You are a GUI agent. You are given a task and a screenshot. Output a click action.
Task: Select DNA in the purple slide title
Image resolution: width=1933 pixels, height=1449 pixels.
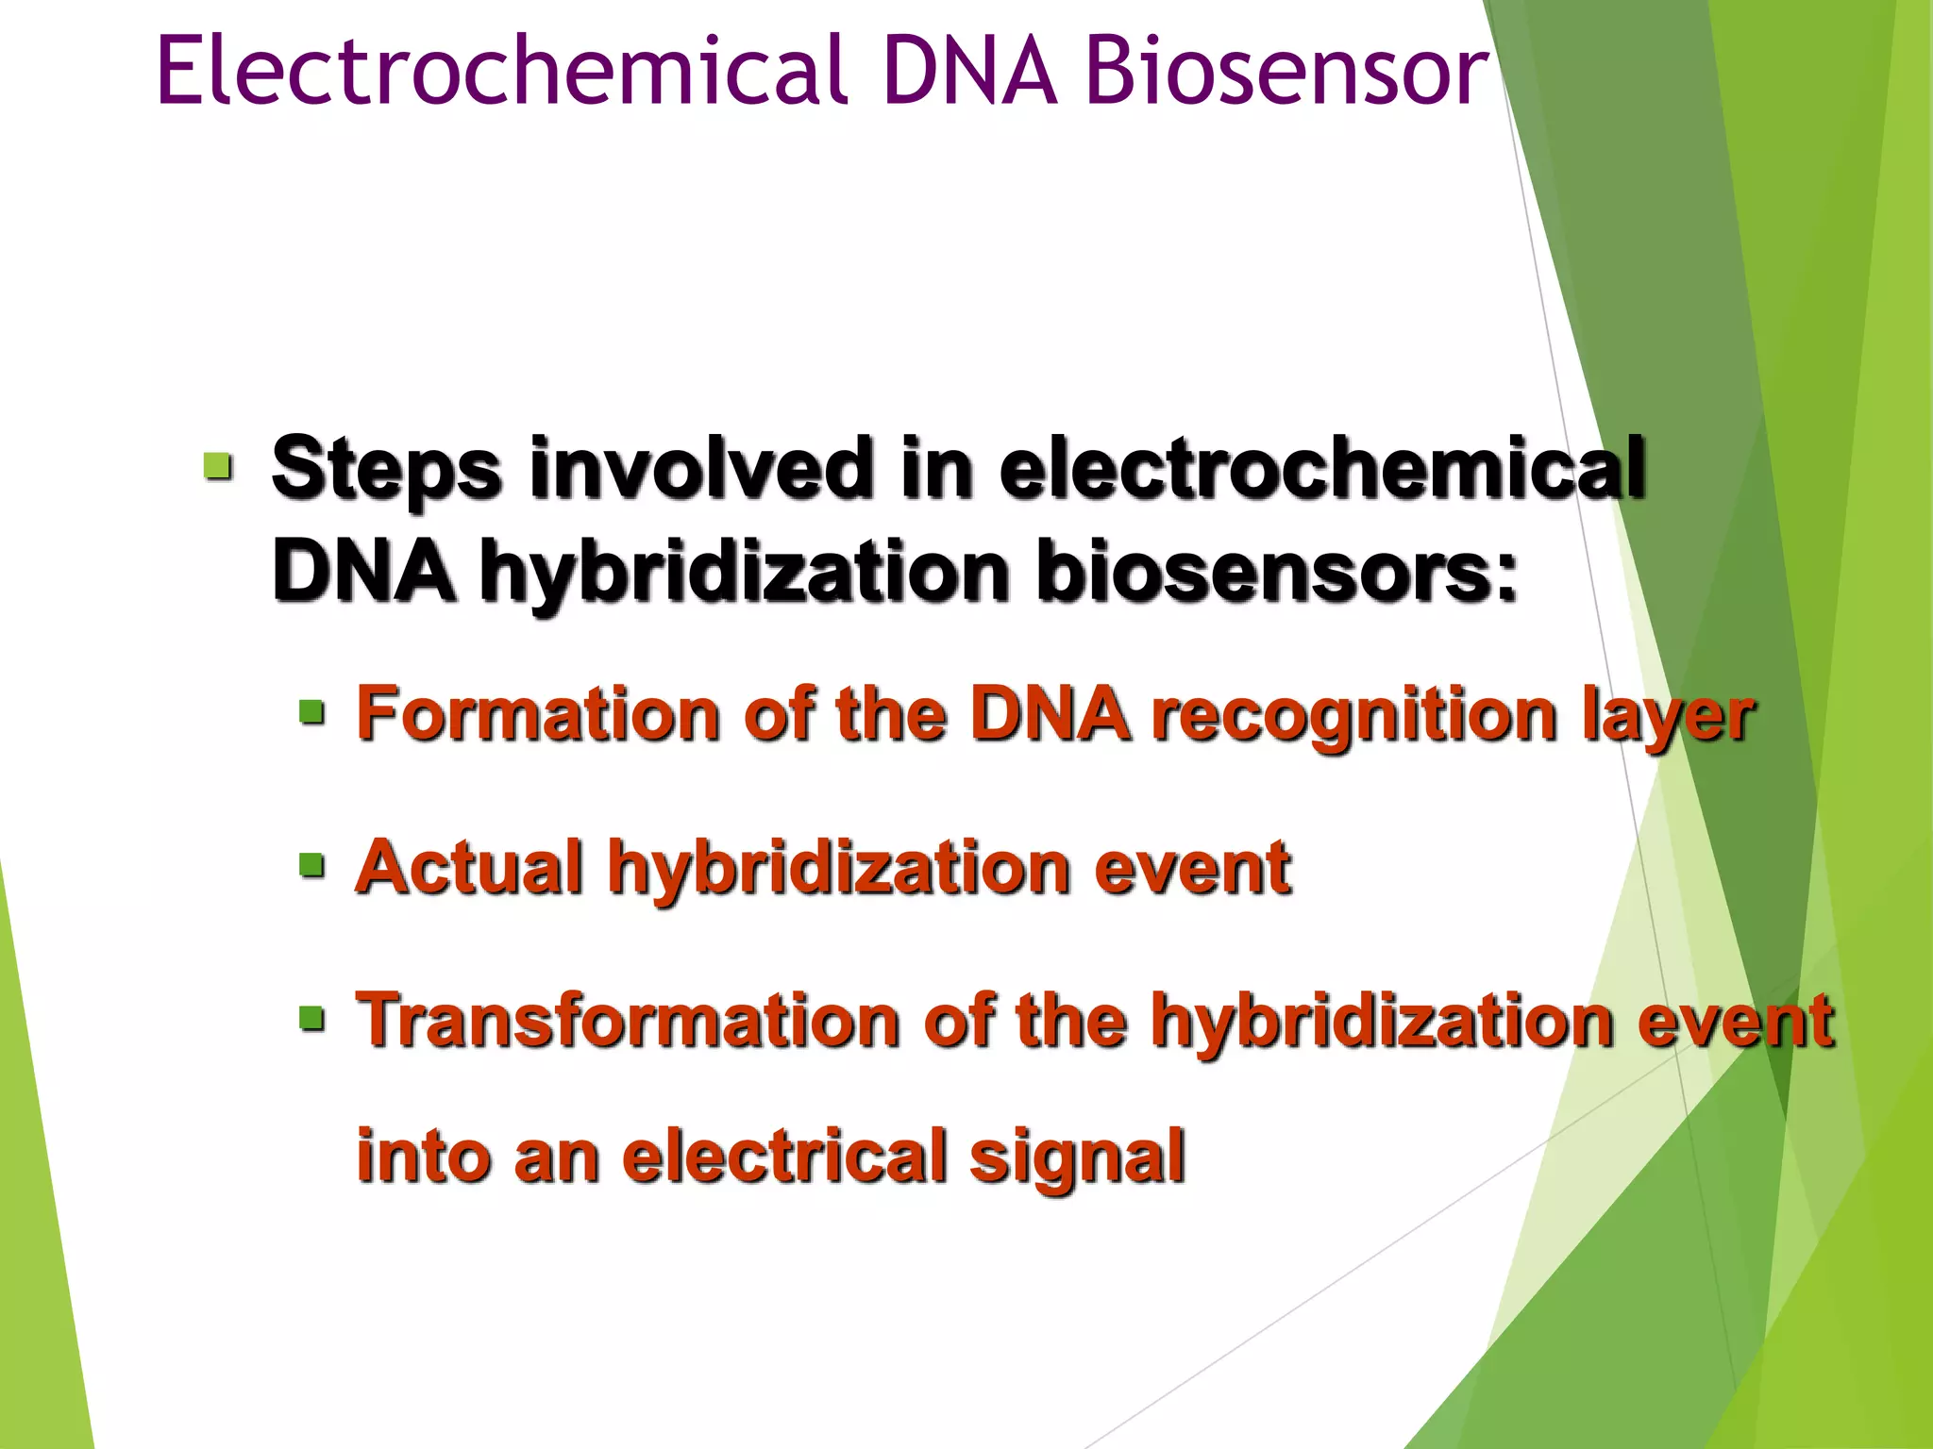972,71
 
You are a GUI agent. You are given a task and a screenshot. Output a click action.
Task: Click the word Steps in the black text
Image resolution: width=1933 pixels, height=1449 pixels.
385,469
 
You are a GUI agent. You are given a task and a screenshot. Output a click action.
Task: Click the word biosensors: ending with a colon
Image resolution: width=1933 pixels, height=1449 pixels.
1277,572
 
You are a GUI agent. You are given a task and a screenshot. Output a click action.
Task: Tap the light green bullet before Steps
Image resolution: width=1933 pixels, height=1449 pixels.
218,466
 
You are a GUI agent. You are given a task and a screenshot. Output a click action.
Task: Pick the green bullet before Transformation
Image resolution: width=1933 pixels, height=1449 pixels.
312,1018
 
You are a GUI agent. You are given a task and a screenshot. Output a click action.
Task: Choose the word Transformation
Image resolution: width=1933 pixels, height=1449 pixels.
628,1021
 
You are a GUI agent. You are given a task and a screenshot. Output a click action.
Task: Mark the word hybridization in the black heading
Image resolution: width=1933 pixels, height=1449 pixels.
745,574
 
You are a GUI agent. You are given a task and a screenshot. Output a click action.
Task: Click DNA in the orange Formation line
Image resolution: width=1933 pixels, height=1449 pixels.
1050,714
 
